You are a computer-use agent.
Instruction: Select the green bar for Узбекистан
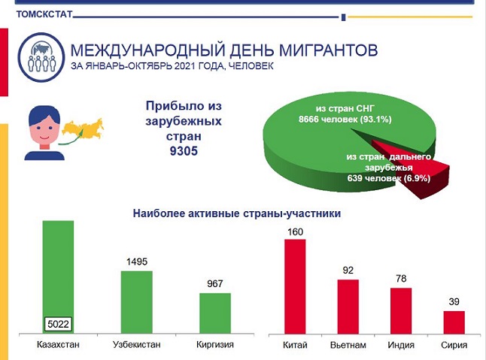[x=136, y=301]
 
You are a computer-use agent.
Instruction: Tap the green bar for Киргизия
[x=214, y=312]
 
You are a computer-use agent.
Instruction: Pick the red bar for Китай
[x=295, y=286]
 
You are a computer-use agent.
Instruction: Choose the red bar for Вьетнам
[x=348, y=306]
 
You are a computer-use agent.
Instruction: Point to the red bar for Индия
[x=401, y=310]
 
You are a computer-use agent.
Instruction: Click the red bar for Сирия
[x=454, y=321]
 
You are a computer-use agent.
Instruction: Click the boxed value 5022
[x=58, y=325]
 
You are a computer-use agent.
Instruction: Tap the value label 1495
[x=137, y=262]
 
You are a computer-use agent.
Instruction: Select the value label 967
[x=215, y=284]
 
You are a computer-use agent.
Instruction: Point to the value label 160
[x=295, y=231]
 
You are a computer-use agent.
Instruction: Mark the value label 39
[x=454, y=301]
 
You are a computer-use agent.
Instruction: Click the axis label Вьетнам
[x=348, y=345]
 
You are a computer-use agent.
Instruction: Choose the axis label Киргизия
[x=214, y=345]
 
